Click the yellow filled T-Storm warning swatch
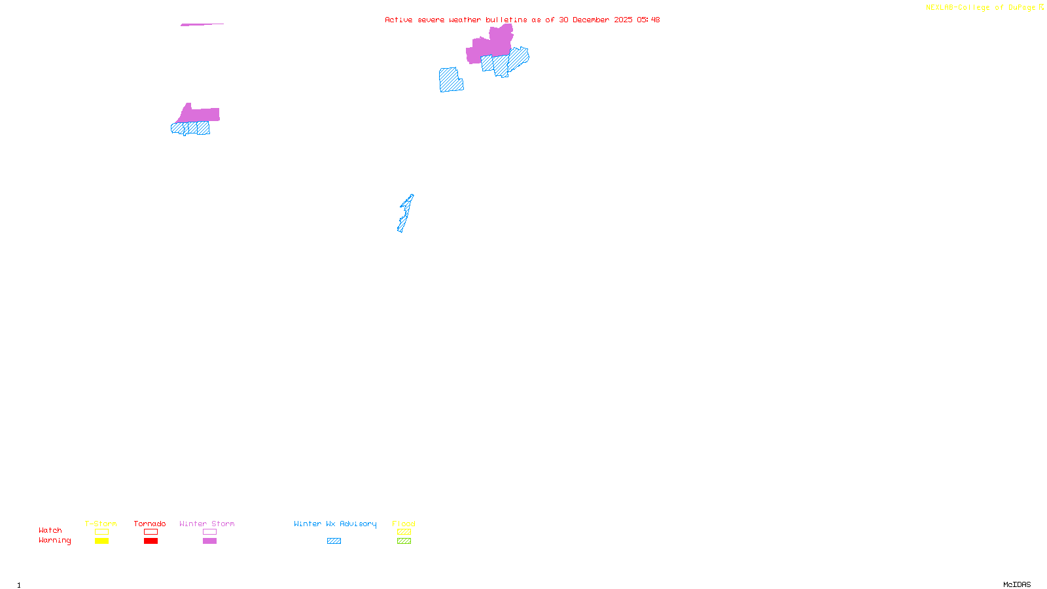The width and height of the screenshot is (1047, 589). pos(101,541)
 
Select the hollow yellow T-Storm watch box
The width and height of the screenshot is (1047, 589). pos(101,532)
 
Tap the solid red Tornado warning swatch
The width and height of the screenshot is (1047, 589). pos(151,541)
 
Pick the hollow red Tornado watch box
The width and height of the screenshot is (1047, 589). pos(151,532)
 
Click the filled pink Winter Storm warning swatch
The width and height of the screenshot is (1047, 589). pos(209,541)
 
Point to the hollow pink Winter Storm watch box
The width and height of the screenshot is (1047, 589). pos(209,532)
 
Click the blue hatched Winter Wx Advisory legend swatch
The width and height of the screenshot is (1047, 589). pos(334,541)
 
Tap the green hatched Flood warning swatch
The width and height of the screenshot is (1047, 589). pos(404,541)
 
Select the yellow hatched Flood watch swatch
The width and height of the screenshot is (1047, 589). pos(404,532)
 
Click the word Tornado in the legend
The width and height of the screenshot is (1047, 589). pos(150,524)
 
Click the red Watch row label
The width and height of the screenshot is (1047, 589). pos(50,530)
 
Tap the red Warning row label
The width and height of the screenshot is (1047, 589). pos(55,541)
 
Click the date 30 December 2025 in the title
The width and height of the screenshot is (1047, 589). pos(595,20)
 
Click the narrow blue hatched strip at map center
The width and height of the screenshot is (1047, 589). pos(405,213)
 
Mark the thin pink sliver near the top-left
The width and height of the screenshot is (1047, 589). pos(202,25)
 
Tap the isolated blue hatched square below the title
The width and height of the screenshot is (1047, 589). pos(450,80)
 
